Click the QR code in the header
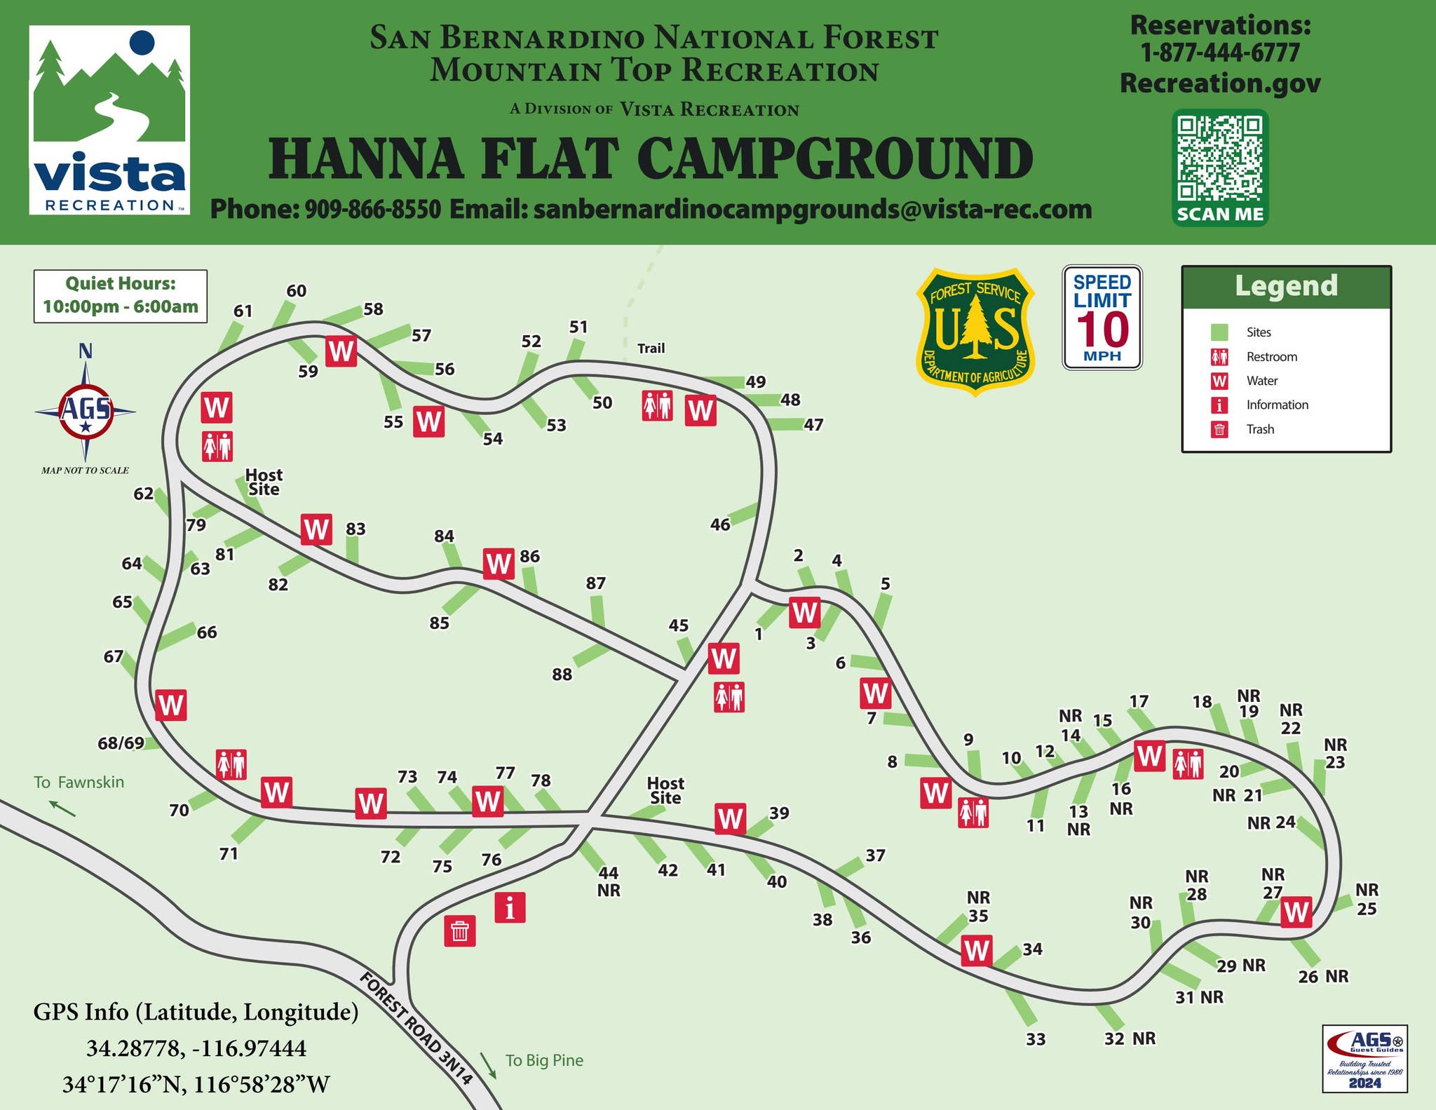pos(1220,159)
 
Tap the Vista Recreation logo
pos(109,120)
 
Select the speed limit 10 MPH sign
pos(1102,317)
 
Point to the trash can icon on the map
pos(460,931)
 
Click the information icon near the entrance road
pos(510,907)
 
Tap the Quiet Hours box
pos(121,296)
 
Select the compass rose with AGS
pos(86,410)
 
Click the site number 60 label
pos(297,291)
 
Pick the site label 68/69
pos(121,743)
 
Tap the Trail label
pos(651,348)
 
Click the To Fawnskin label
pos(79,783)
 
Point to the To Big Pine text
pos(544,1060)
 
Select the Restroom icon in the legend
pos(1219,357)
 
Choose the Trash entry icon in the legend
pos(1219,429)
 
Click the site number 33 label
pos(1036,1039)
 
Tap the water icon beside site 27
pos(1295,912)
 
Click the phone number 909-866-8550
pos(372,209)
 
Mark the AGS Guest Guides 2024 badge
pos(1364,1058)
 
